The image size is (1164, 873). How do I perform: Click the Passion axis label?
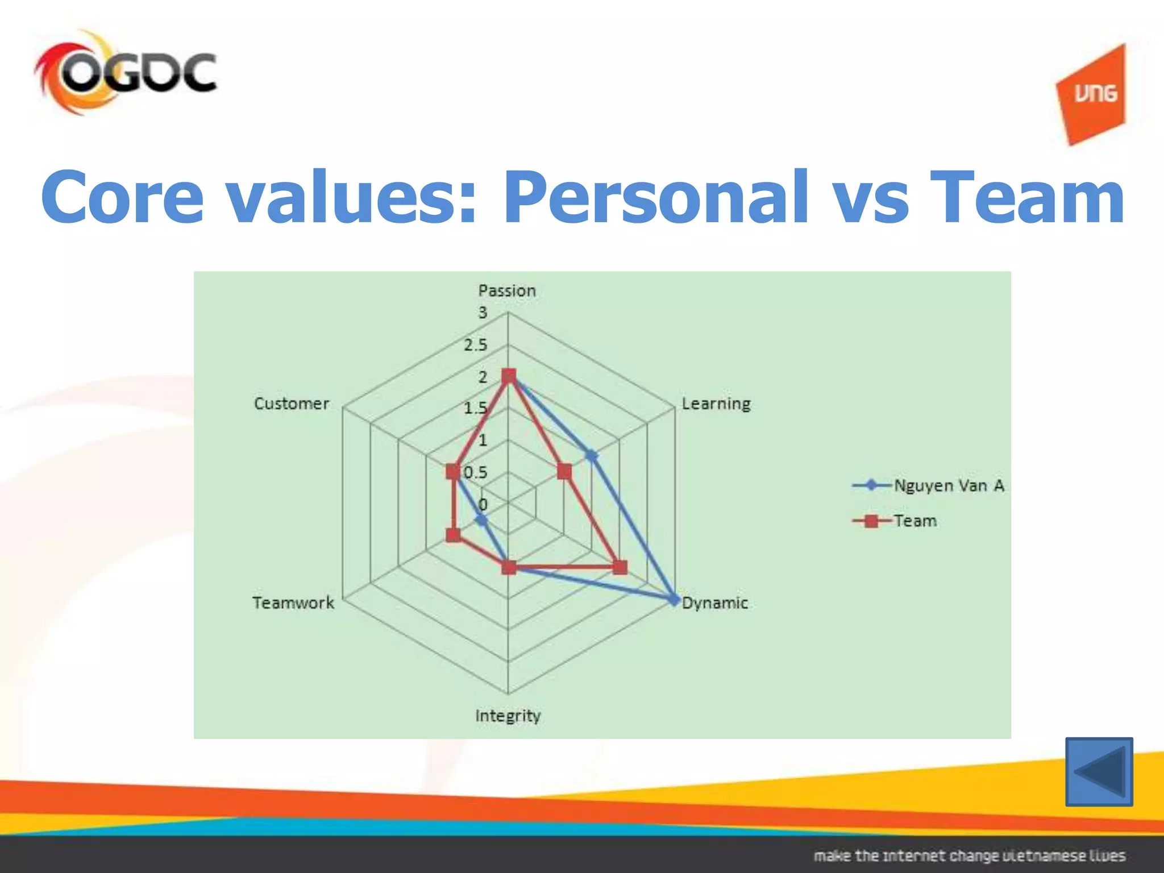click(506, 290)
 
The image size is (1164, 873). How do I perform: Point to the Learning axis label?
click(716, 404)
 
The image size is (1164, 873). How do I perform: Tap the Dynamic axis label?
click(714, 603)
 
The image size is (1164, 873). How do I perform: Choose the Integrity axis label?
click(508, 716)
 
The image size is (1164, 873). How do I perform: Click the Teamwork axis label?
click(293, 603)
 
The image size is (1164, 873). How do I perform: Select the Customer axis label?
click(292, 404)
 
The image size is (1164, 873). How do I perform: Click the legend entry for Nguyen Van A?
click(948, 486)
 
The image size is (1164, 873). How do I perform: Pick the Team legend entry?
click(914, 521)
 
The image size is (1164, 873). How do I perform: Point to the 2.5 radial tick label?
click(475, 345)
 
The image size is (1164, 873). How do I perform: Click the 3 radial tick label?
click(483, 313)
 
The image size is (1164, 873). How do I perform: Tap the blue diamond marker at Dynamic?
click(674, 599)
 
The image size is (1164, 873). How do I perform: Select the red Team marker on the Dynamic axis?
click(620, 567)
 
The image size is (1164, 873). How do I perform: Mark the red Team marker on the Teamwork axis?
click(453, 535)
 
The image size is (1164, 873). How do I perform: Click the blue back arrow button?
click(1099, 771)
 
